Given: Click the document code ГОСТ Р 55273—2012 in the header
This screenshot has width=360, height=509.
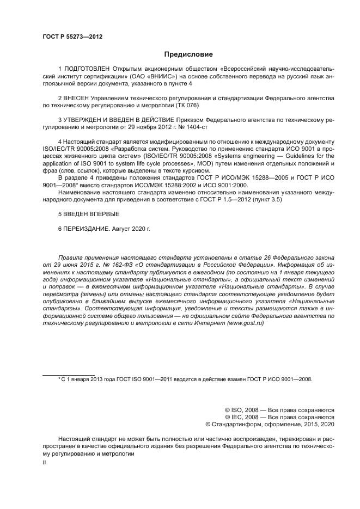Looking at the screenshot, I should pyautogui.click(x=72, y=36).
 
